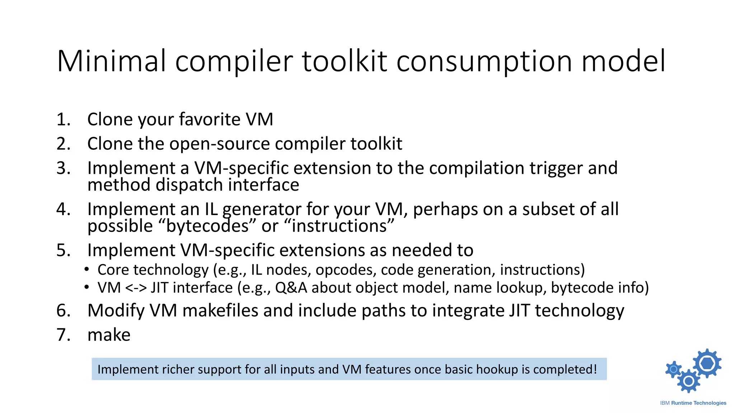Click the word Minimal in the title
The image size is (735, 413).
[x=112, y=61]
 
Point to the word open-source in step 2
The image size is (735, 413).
[x=219, y=144]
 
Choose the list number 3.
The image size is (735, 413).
[x=63, y=168]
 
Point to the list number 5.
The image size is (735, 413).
[x=63, y=250]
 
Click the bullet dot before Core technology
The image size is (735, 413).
[x=86, y=270]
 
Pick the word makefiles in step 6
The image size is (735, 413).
[x=220, y=310]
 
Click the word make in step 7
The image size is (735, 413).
[x=109, y=335]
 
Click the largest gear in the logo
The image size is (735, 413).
[x=707, y=363]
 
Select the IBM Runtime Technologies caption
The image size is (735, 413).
[x=693, y=403]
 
